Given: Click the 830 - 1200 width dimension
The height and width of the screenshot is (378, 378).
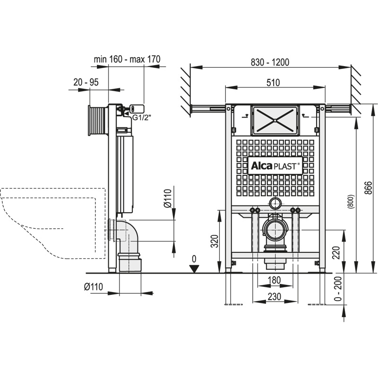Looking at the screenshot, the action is click(270, 62).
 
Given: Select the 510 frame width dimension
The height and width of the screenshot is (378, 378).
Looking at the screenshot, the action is click(273, 83).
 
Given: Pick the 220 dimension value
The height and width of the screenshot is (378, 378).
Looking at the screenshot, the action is click(336, 252).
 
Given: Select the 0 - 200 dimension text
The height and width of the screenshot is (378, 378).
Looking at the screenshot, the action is click(338, 289).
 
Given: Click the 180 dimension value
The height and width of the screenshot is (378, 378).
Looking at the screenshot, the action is click(275, 280).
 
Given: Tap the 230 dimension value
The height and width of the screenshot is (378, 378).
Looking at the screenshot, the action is click(275, 296).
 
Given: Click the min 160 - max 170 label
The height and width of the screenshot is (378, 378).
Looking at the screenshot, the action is click(127, 59).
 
